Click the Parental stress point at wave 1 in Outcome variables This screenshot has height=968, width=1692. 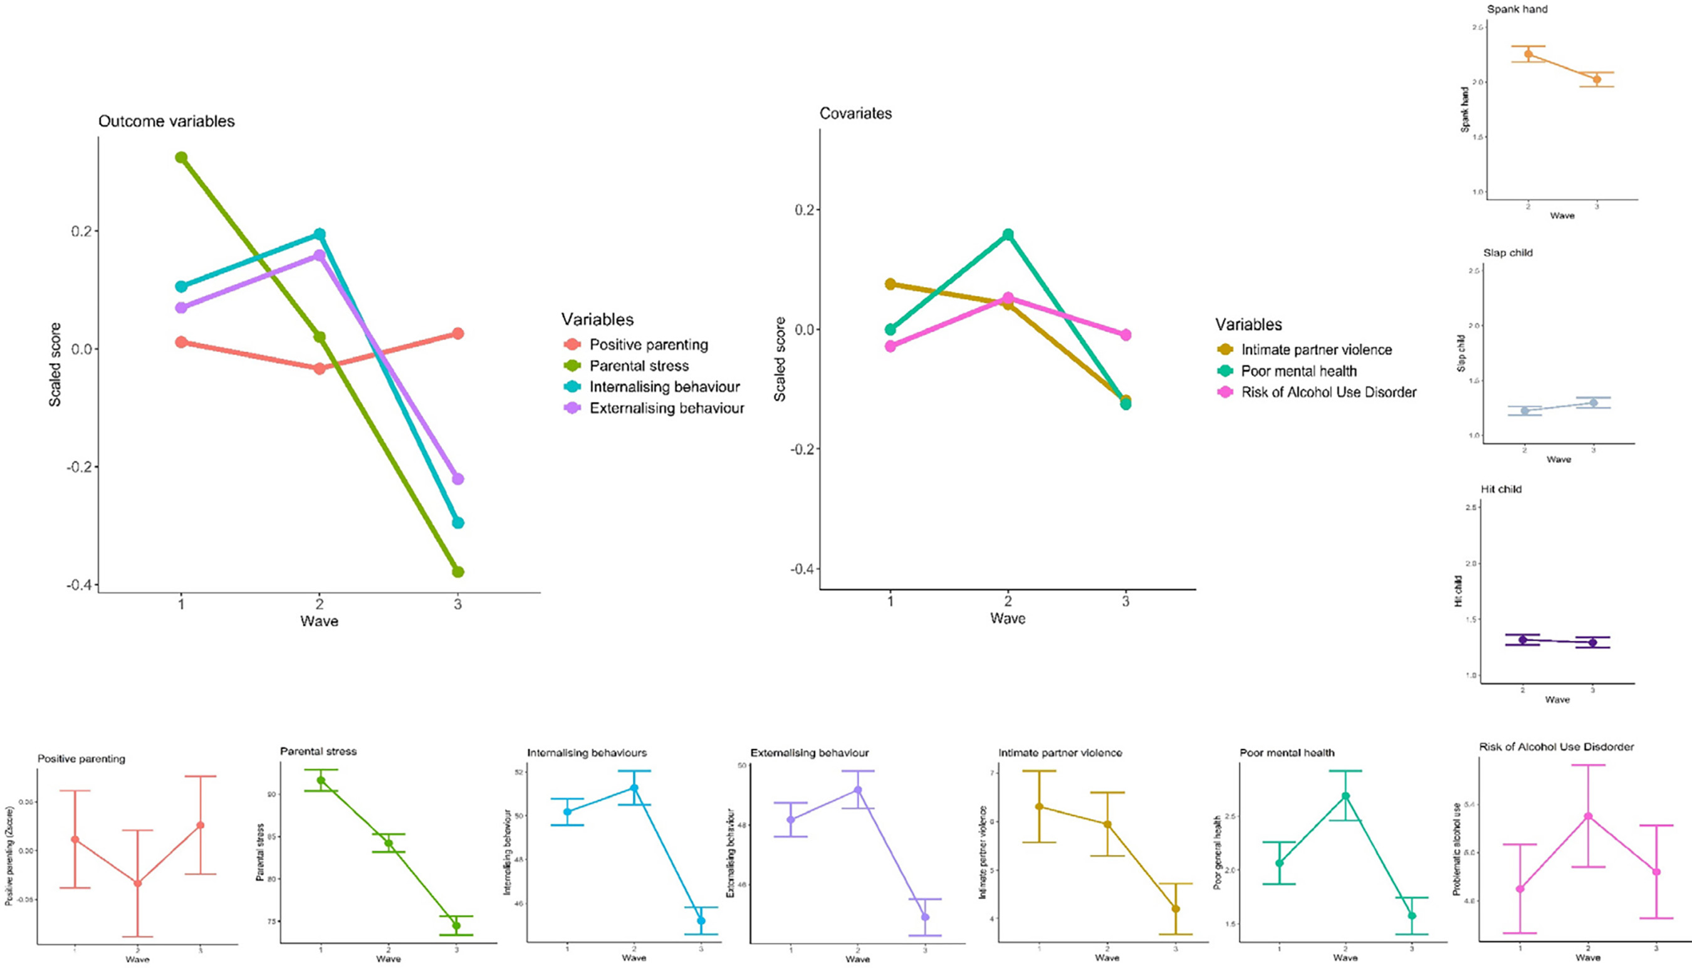click(x=180, y=157)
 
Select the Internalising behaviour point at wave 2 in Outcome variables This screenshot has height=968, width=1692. click(x=320, y=234)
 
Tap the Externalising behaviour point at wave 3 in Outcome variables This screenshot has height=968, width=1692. click(x=458, y=479)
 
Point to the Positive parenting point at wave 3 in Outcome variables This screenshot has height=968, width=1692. click(x=458, y=333)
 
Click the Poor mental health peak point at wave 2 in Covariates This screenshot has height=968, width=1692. click(x=1008, y=234)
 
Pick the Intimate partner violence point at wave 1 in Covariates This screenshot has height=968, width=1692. click(x=890, y=284)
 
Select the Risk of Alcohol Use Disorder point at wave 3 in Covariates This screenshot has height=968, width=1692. click(x=1125, y=335)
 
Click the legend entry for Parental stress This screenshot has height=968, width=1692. click(x=639, y=366)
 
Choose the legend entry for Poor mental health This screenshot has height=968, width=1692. click(x=1298, y=371)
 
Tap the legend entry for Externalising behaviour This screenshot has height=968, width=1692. click(x=666, y=408)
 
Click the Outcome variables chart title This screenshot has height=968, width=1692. click(x=166, y=121)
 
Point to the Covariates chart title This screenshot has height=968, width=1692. click(x=855, y=113)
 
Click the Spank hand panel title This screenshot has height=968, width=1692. click(x=1517, y=9)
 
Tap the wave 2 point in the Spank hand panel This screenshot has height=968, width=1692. click(x=1528, y=54)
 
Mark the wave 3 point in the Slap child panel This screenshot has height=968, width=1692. click(x=1593, y=403)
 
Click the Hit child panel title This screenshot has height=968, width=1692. click(x=1501, y=488)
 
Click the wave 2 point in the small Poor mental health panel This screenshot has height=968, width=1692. click(x=1345, y=796)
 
